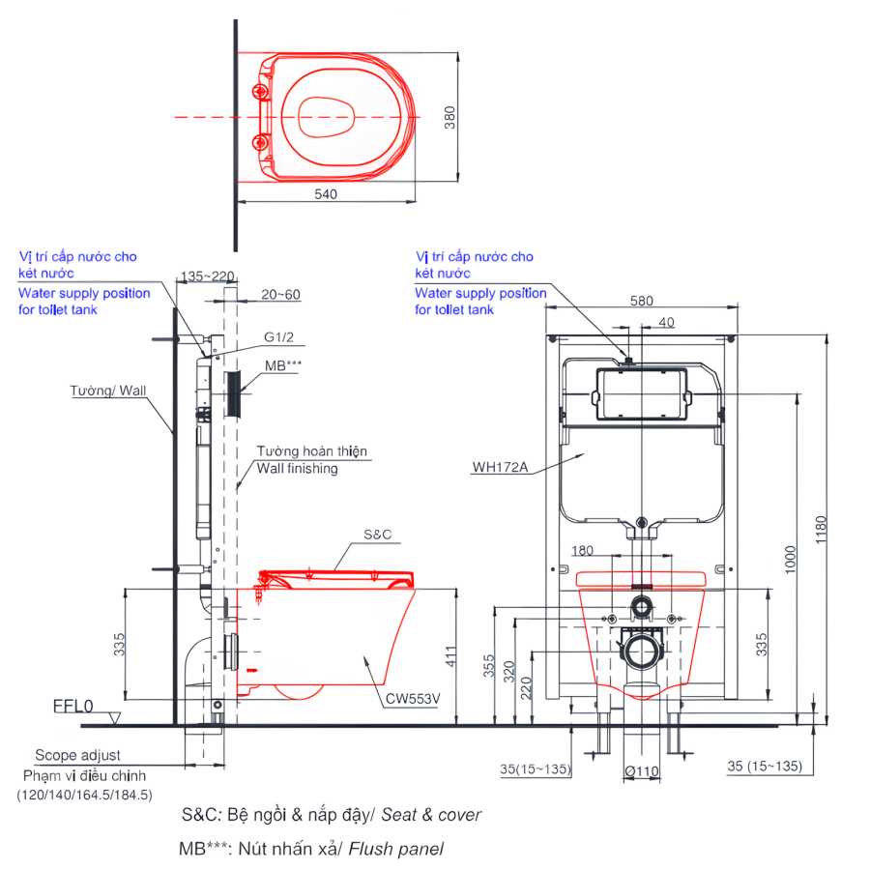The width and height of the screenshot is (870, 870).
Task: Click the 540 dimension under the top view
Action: [x=326, y=194]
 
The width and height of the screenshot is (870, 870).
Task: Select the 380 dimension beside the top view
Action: [x=449, y=118]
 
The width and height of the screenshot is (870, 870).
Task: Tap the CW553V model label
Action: [x=413, y=699]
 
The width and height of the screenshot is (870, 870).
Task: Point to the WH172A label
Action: [x=500, y=467]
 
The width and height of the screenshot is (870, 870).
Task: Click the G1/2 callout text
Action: [x=278, y=336]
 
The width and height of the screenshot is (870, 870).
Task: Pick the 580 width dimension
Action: [x=642, y=301]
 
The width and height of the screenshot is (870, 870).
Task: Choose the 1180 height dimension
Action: [x=821, y=530]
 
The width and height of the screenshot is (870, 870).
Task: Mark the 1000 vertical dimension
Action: [x=790, y=560]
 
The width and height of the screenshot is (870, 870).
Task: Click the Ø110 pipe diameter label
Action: [x=642, y=771]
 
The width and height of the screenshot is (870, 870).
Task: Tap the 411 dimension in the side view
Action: [x=450, y=656]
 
